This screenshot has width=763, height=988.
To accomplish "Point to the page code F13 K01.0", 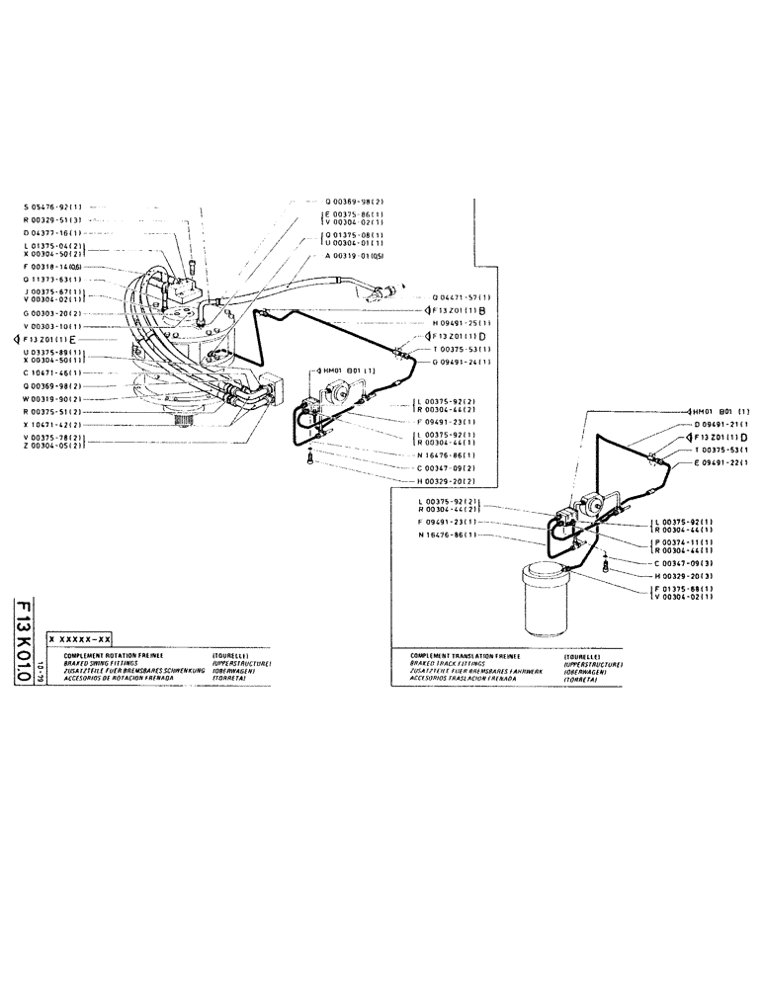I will [24, 651].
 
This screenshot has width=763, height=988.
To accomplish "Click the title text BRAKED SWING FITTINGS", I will [108, 662].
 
